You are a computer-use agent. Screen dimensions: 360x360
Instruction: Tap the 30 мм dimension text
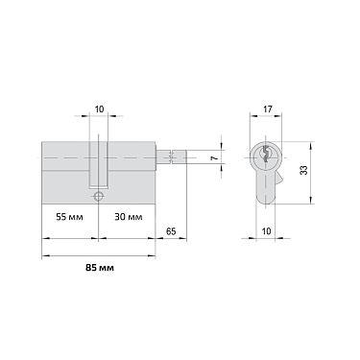coord(128,218)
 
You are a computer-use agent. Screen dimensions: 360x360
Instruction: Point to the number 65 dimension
coord(171,232)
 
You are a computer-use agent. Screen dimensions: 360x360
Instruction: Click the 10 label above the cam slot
coord(101,109)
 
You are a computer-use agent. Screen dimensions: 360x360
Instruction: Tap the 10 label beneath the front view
coord(266,231)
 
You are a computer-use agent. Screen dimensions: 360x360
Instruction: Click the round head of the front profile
coord(266,155)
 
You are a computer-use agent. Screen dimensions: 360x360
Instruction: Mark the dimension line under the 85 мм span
coord(99,255)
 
